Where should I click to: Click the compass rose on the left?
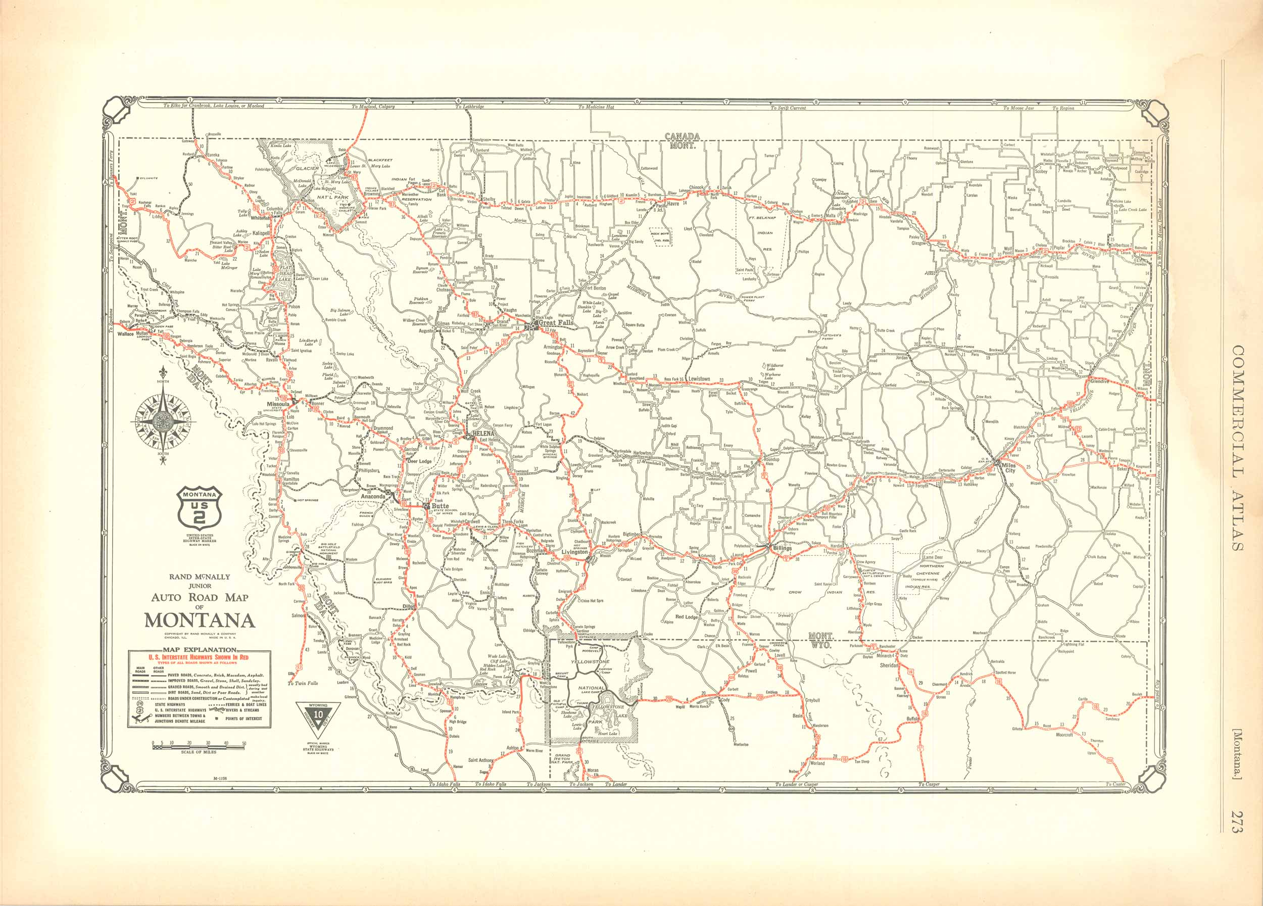point(163,420)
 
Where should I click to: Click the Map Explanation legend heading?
point(200,649)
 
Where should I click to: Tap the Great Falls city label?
point(555,322)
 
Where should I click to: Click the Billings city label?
point(782,548)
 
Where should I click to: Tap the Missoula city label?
point(278,404)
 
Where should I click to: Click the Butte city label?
point(440,506)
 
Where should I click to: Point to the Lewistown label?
point(699,378)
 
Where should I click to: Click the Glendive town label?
point(1099,382)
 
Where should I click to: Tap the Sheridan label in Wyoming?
point(889,665)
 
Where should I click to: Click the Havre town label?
point(673,204)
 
